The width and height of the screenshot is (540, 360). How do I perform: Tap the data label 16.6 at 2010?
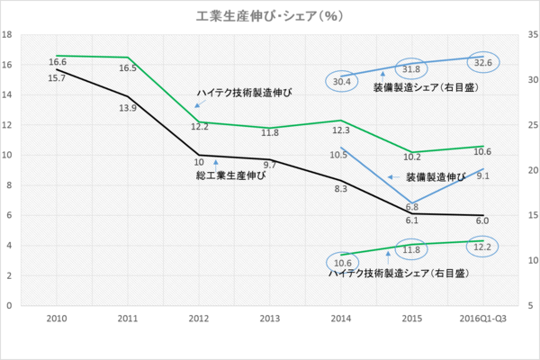tap(58, 62)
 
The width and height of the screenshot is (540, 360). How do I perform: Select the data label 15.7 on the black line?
tap(57, 78)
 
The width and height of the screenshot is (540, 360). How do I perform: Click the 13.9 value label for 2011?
tap(128, 108)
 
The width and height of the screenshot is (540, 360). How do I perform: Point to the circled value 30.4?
tap(341, 81)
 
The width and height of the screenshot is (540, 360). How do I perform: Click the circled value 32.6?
tap(482, 63)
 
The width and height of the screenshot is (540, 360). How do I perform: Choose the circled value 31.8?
tap(411, 69)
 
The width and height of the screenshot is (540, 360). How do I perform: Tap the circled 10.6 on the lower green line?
tap(341, 263)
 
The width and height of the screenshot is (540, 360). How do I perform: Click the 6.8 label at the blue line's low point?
tap(411, 207)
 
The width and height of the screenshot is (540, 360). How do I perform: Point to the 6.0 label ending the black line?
tap(481, 221)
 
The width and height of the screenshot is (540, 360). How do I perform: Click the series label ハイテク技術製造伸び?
tap(245, 93)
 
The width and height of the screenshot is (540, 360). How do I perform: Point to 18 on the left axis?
tap(7, 35)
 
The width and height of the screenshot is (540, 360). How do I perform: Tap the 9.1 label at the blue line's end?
tap(481, 176)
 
